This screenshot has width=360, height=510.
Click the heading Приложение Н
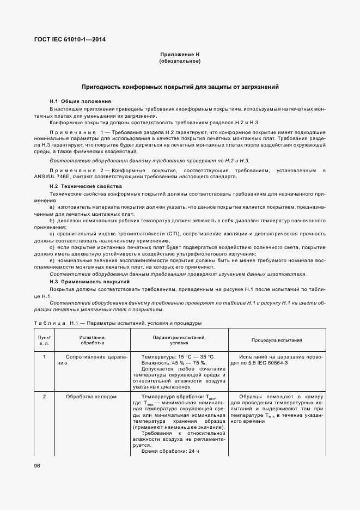pos(180,54)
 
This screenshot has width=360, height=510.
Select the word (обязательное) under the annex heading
pos(180,61)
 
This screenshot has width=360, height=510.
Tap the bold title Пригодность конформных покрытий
pos(180,87)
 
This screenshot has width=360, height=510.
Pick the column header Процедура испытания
pos(277,341)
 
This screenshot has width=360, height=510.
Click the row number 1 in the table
pos(44,357)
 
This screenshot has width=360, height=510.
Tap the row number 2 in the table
pos(44,397)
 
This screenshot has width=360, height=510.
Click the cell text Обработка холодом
pos(91,397)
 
